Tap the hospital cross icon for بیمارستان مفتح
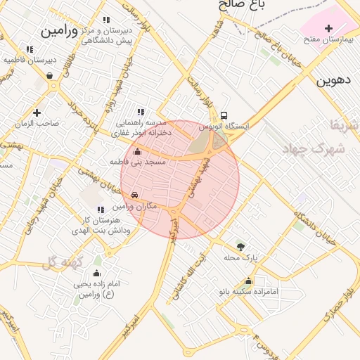point(329,27)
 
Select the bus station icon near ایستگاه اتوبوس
point(223,115)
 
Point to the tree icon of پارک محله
point(241,246)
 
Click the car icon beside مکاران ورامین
point(135,195)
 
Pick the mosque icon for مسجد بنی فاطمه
point(137,152)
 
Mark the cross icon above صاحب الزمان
point(37,112)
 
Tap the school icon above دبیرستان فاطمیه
point(29,49)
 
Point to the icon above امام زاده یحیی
point(96,274)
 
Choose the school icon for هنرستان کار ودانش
point(98,209)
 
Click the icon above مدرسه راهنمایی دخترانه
point(141,112)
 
